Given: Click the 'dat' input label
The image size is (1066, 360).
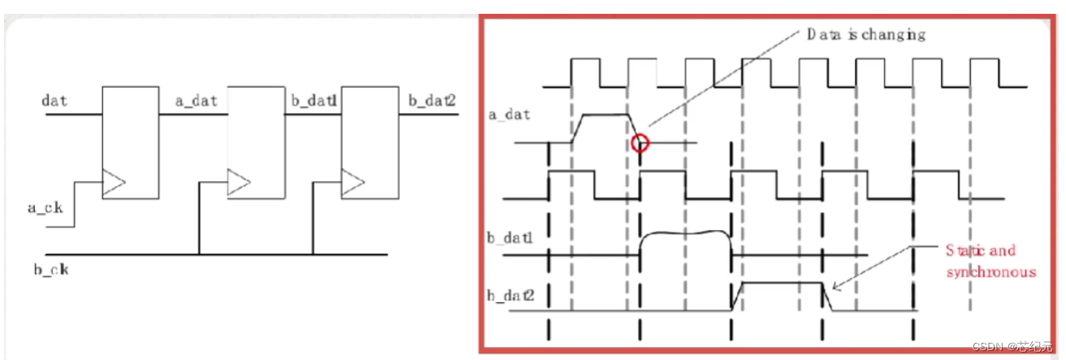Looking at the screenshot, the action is point(55,101).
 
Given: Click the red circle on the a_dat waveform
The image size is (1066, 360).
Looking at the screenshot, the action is point(640,143).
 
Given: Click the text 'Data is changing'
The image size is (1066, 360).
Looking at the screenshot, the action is point(865,34).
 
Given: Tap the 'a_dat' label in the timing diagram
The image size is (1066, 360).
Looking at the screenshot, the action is point(510,114).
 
